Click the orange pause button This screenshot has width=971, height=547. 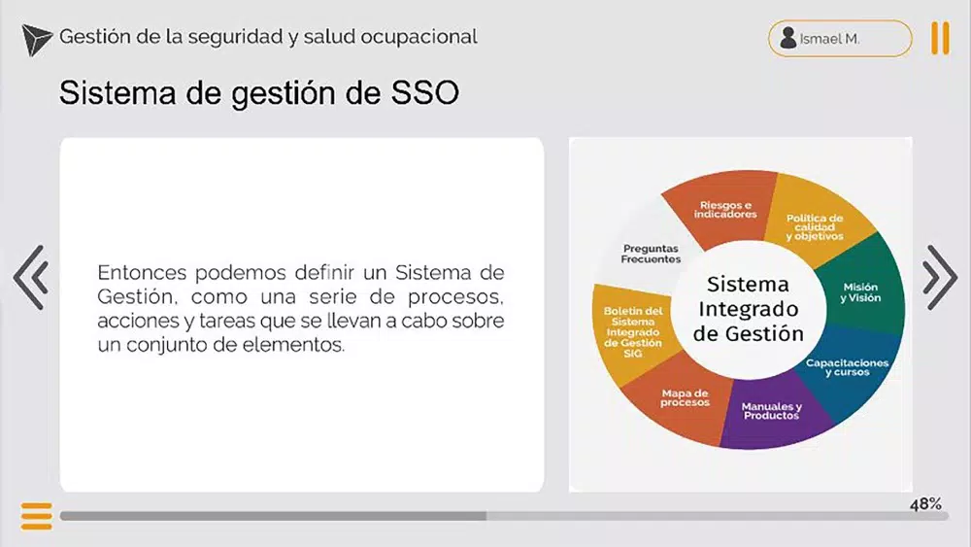click(x=940, y=39)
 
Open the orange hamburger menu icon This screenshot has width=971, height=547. click(x=37, y=516)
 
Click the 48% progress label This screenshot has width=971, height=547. click(x=925, y=504)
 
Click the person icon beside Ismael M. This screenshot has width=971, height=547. click(x=787, y=38)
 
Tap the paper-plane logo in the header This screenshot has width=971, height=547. click(x=36, y=40)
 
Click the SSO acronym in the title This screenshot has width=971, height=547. click(x=425, y=93)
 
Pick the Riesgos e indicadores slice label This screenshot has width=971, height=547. click(x=725, y=210)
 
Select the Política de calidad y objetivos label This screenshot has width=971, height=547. click(x=815, y=226)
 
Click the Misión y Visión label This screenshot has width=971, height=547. click(x=860, y=292)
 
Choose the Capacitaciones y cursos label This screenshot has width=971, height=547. click(x=847, y=366)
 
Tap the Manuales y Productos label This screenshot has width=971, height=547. click(x=772, y=411)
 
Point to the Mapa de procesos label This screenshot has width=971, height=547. click(x=685, y=397)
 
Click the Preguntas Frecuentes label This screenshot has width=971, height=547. click(x=651, y=254)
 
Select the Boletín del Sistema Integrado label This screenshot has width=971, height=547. click(x=633, y=331)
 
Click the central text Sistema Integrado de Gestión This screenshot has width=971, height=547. click(x=748, y=309)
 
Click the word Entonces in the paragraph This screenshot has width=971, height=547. click(x=142, y=273)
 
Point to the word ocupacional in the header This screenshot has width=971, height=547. click(x=419, y=37)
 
